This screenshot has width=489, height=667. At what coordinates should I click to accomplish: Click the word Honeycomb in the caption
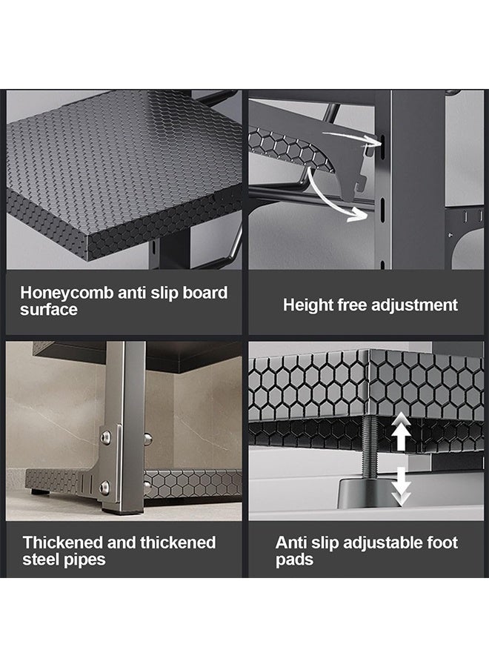[x=67, y=293]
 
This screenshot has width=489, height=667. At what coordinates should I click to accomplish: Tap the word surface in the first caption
[x=48, y=309]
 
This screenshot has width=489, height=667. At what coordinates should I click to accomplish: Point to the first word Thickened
[x=63, y=542]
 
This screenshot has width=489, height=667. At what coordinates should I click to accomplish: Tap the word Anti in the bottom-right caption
[x=291, y=542]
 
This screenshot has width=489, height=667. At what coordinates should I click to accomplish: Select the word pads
[x=294, y=560]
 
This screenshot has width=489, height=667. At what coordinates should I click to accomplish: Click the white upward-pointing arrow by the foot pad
[x=401, y=433]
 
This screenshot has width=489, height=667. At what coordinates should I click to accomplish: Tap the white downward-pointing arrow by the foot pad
[x=401, y=485]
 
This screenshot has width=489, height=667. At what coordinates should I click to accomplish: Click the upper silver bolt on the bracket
[x=105, y=437]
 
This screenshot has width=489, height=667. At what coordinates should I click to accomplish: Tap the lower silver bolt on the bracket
[x=104, y=487]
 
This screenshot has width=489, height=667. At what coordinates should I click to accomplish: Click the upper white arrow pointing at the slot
[x=352, y=137]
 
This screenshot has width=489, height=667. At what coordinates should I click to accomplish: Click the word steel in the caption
[x=41, y=560]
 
